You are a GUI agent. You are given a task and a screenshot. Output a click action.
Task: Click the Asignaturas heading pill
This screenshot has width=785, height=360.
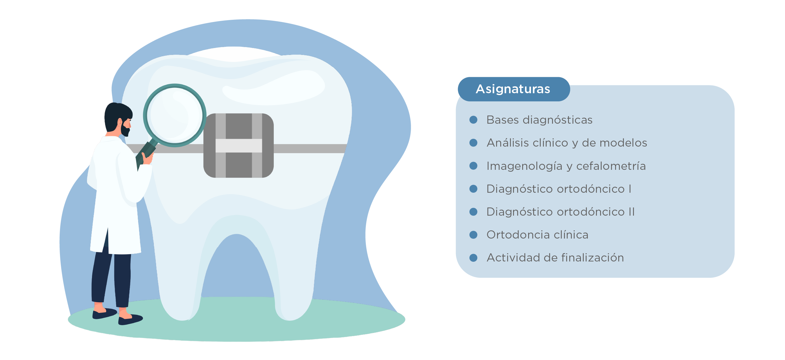tap(514, 89)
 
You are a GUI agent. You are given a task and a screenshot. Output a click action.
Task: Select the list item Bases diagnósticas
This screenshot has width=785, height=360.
tap(539, 120)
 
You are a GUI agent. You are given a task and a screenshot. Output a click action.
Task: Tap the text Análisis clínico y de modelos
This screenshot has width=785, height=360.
tap(567, 143)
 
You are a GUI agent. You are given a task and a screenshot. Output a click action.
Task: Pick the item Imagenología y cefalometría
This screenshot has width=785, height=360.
tap(566, 166)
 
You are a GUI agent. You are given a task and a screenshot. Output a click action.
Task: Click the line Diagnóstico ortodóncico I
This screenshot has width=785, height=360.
tap(559, 189)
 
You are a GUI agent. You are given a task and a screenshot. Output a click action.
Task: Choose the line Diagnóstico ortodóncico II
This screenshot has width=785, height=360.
tap(560, 212)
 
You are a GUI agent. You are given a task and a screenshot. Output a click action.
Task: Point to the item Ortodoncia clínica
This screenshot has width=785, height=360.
tap(537, 235)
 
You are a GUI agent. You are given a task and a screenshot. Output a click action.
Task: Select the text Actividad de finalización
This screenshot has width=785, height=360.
tap(555, 258)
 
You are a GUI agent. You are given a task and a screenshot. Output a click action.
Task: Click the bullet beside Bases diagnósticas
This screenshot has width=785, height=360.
tap(473, 120)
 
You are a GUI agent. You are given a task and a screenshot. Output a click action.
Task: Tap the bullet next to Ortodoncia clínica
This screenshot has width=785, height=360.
tap(473, 235)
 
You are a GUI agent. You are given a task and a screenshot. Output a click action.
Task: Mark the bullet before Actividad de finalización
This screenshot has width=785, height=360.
tap(473, 258)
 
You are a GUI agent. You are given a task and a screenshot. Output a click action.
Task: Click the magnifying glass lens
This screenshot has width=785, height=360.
tap(175, 115)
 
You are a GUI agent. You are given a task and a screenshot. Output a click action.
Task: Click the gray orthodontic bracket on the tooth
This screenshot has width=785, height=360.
tap(239, 146)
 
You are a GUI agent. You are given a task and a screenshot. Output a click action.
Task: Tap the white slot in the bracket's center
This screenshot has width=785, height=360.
tap(239, 146)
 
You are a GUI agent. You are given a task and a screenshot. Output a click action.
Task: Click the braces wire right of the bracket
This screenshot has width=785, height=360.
tap(310, 148)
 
